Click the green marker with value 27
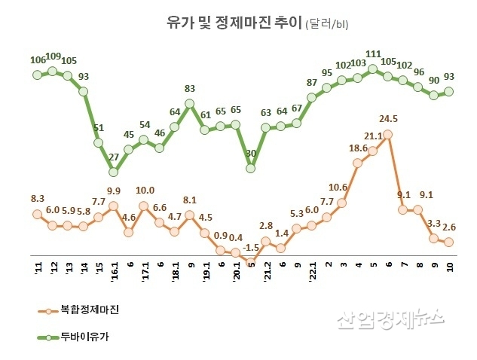pos(114,171)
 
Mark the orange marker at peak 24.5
pos(388,134)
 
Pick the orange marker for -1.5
pos(251,263)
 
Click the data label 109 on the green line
pos(54,56)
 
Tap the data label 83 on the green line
pos(190,89)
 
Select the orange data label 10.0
pos(145,191)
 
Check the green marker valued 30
pos(251,167)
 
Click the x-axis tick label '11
pos(37,269)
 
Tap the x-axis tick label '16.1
pos(114,271)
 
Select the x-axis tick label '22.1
pos(312,271)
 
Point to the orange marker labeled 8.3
pos(37,214)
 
